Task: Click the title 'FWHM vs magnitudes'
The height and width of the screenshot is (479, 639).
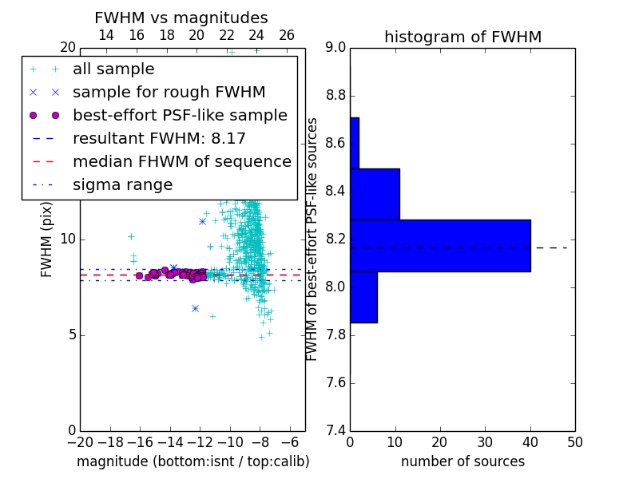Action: [181, 18]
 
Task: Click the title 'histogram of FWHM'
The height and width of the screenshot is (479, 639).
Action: [463, 37]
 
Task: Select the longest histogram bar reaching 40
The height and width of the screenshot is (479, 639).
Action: [441, 246]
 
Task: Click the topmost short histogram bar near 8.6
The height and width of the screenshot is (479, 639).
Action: [355, 143]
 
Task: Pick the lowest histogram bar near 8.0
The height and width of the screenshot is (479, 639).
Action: [364, 297]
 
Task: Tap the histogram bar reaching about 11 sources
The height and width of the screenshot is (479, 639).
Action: [375, 194]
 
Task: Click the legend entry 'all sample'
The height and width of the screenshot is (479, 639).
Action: [113, 69]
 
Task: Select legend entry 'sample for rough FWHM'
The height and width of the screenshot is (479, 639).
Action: [169, 93]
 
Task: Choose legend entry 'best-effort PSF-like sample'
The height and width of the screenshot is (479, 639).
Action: [181, 115]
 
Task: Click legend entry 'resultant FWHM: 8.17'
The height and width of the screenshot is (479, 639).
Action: [159, 138]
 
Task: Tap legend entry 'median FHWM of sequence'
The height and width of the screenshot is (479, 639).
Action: [182, 162]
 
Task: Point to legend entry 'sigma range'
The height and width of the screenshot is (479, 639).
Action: [123, 185]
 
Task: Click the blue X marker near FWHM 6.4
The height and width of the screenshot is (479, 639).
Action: [195, 309]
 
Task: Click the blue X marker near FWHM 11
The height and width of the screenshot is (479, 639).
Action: [203, 222]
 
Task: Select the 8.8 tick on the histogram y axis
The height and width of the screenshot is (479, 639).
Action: [335, 96]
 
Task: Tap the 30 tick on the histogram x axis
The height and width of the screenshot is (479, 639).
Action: [486, 442]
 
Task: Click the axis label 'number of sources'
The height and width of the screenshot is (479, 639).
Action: [463, 461]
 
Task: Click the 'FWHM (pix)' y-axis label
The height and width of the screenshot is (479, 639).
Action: [46, 239]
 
